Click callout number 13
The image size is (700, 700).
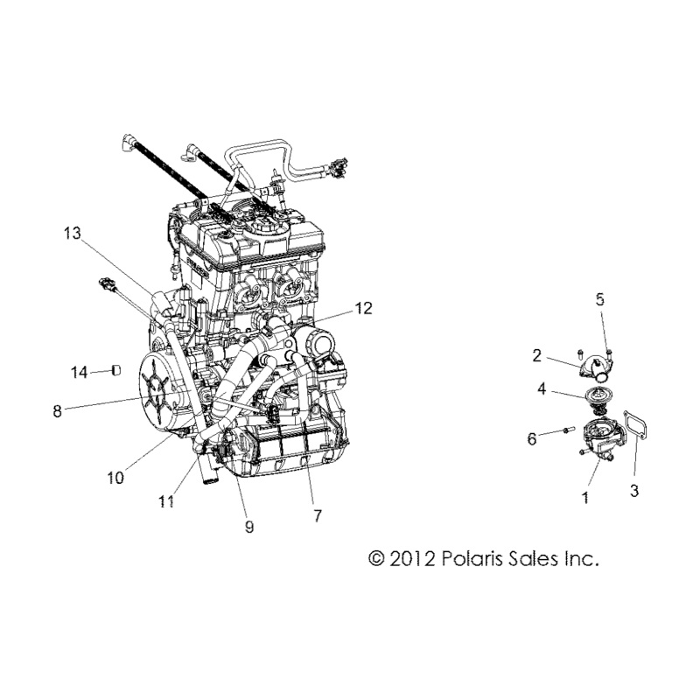(72, 233)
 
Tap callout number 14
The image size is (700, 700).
(80, 373)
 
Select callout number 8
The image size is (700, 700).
(57, 410)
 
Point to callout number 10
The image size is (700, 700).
(115, 478)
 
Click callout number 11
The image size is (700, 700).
(166, 501)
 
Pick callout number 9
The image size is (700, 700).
(249, 527)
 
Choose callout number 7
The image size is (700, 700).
(317, 516)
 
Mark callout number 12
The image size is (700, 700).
(364, 308)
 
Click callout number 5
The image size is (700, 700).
(600, 299)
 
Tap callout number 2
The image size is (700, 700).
(536, 355)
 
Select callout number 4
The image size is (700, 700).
(542, 388)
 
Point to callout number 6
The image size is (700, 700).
(532, 439)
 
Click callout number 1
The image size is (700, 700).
(585, 497)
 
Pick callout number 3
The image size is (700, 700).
(633, 491)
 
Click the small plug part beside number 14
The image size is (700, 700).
(115, 370)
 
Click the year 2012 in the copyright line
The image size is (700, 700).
(412, 558)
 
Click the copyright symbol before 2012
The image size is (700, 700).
(376, 558)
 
